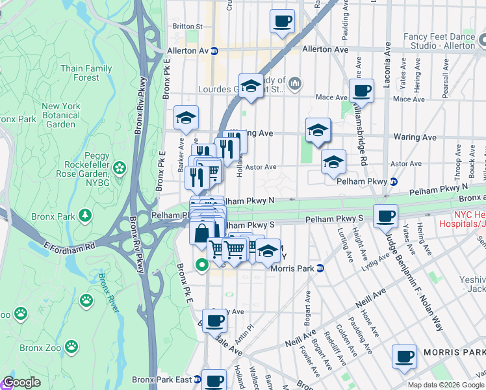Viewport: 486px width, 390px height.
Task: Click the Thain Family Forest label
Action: [x=86, y=73]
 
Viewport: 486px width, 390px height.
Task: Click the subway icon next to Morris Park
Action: [x=320, y=268]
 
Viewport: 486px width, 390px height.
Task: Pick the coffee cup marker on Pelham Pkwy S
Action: [x=386, y=216]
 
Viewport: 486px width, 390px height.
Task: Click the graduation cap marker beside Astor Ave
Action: [x=333, y=161]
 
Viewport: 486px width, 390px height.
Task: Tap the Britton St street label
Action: [x=188, y=27]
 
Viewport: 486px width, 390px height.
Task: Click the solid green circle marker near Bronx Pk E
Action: [x=201, y=265]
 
